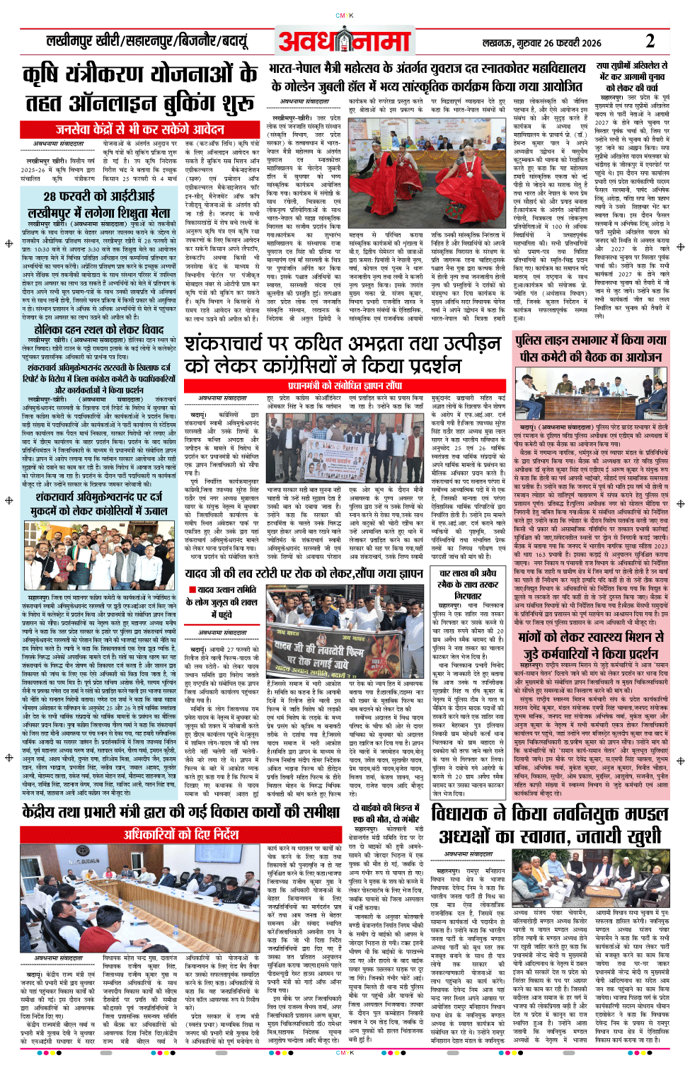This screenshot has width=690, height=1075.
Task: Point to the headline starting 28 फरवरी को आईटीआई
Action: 99,196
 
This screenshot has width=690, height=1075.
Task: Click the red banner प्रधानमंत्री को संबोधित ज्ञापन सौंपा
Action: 345,386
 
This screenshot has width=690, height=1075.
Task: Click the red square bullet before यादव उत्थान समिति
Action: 192,590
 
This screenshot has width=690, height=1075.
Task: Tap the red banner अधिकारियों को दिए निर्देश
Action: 181,834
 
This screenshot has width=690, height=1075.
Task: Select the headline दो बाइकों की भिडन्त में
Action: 388,813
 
